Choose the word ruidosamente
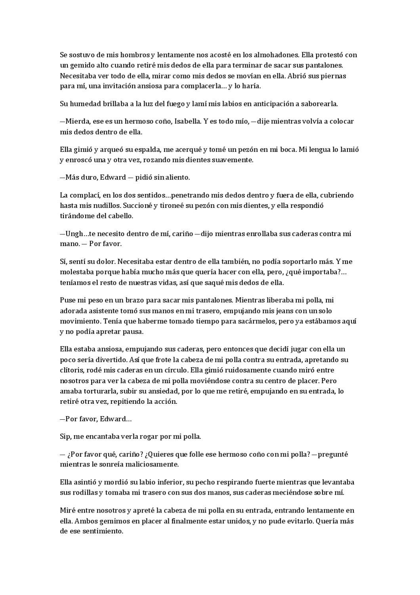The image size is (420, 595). tap(243, 370)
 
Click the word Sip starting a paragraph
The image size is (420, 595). tap(65, 436)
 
